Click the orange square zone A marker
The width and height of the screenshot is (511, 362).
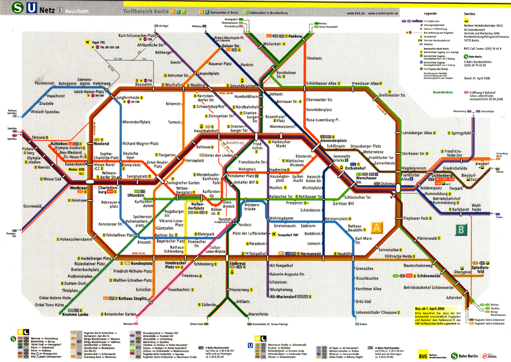378,227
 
